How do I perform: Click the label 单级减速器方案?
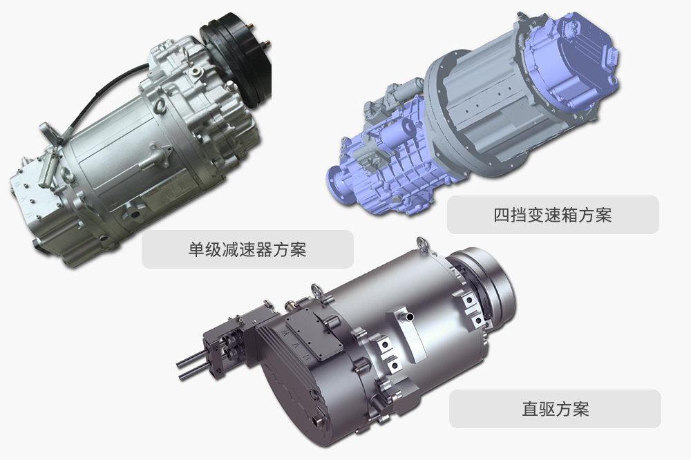coord(247,249)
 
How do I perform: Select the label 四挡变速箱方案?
coord(553,215)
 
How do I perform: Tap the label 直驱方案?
coord(555,409)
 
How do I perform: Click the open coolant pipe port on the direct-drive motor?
coord(410,316)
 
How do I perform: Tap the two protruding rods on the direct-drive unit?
coord(190,366)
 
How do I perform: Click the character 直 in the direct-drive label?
coord(529,409)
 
